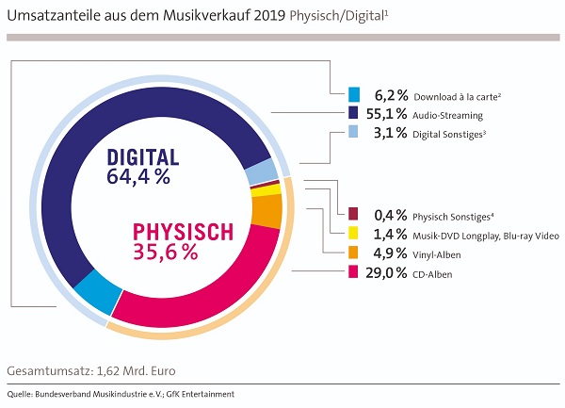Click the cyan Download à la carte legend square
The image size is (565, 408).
[x=354, y=94]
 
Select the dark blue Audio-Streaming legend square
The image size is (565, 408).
[x=354, y=114]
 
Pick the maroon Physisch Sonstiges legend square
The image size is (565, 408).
[x=354, y=214]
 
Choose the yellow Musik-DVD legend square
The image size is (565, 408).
[x=354, y=234]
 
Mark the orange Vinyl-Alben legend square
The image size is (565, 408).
[x=354, y=253]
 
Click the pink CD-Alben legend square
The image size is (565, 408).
[x=354, y=273]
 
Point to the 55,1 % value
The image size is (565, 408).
[x=390, y=114]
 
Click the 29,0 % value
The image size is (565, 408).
[x=390, y=273]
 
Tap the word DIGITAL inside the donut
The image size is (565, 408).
[x=144, y=156]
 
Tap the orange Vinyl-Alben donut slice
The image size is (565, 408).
[x=267, y=210]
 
